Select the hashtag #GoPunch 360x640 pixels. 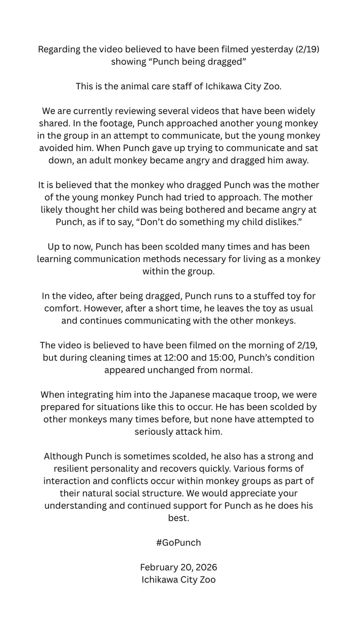click(x=179, y=542)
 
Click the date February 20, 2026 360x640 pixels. click(x=179, y=567)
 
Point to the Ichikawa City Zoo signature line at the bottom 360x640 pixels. click(x=179, y=579)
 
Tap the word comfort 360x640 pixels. click(x=63, y=308)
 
